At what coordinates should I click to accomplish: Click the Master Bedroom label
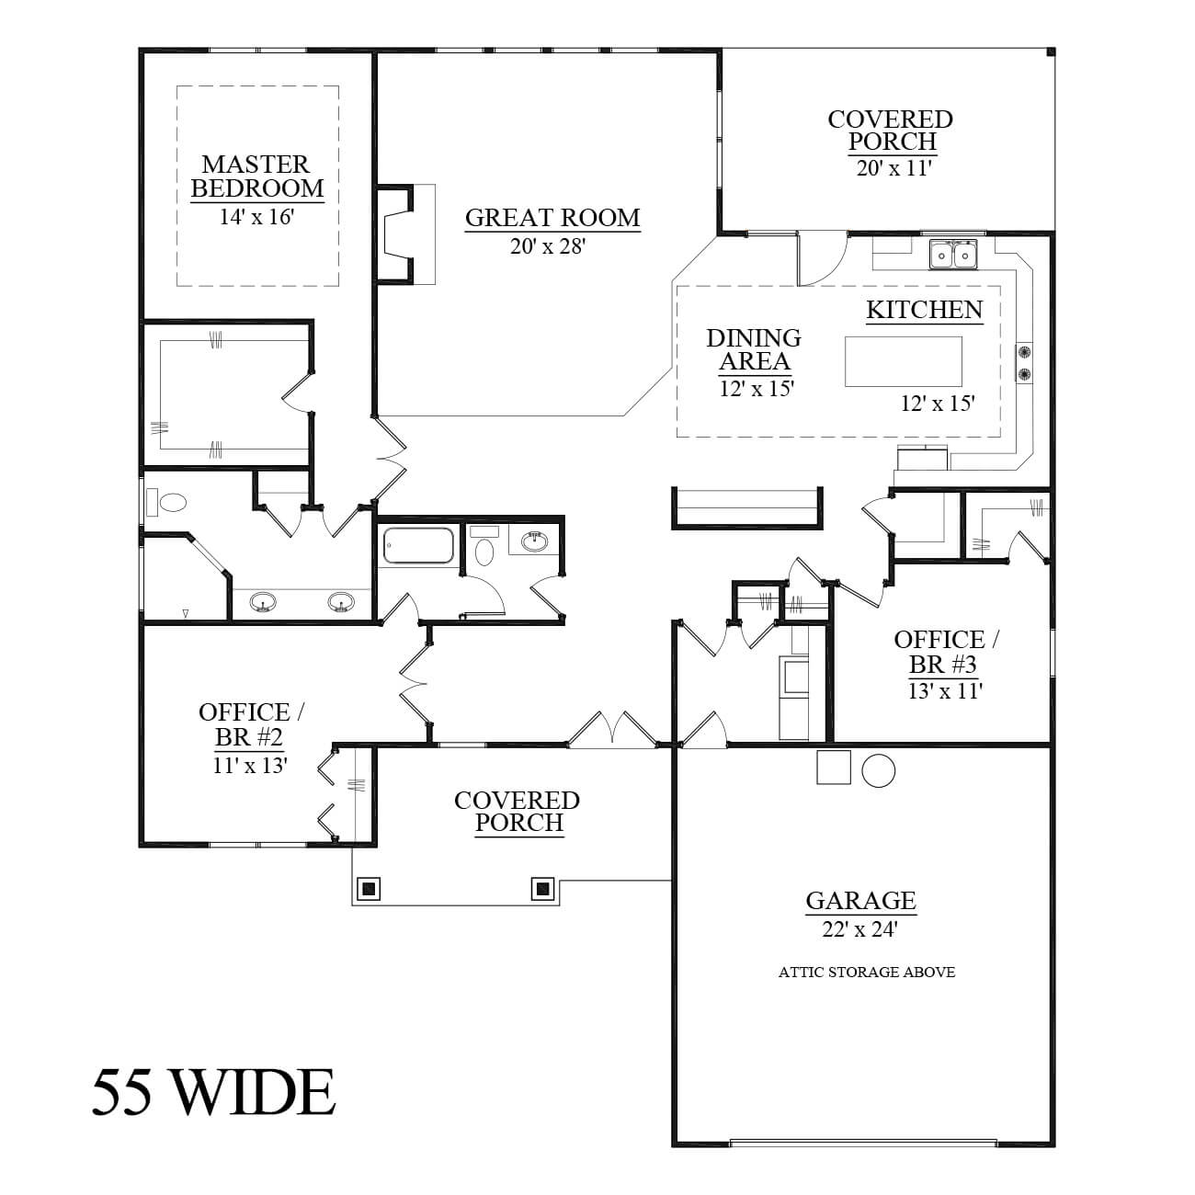256,176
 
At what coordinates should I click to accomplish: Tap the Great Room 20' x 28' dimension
548,247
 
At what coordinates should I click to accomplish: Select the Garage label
860,900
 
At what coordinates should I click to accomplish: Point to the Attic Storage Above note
866,972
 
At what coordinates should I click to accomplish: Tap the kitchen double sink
952,255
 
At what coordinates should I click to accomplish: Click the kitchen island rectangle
904,361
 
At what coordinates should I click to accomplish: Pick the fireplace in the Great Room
397,234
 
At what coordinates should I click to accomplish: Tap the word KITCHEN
925,310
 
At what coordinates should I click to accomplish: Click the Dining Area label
754,349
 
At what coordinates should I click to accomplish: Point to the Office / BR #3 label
946,652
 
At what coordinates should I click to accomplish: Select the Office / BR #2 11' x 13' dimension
250,766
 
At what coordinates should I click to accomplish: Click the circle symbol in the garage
879,771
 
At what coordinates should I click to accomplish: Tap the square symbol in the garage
834,768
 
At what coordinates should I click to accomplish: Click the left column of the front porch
370,889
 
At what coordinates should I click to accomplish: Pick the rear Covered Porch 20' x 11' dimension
894,168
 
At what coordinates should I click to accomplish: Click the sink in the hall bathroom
535,542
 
